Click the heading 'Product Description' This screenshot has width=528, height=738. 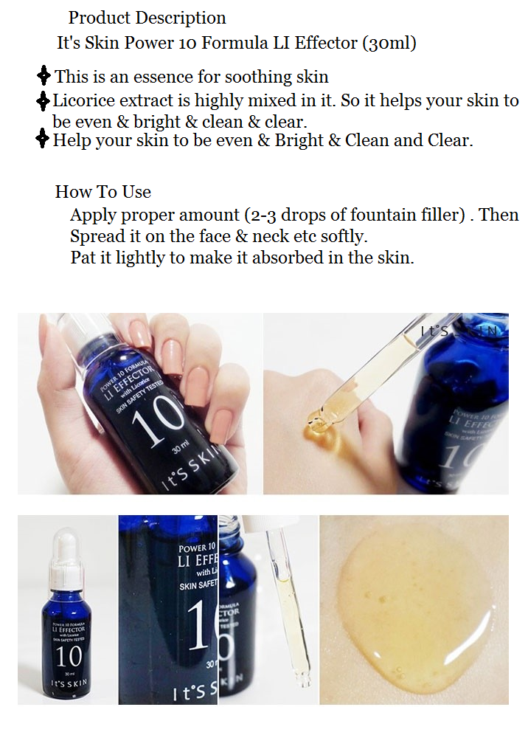coord(147,18)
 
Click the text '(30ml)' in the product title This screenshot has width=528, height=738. coord(389,44)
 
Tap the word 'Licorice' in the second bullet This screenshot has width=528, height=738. coord(82,100)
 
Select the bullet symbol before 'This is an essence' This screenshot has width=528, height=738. coord(44,75)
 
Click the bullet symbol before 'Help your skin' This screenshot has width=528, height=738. coord(43,139)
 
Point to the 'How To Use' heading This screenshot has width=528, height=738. coord(103,192)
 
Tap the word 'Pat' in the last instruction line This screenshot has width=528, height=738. coord(83,258)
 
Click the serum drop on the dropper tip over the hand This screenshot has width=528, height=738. coord(319,423)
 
